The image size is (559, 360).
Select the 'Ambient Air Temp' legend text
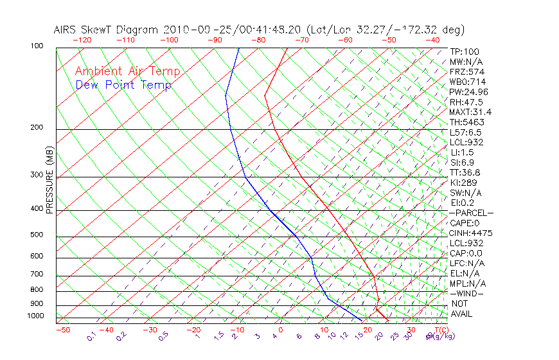[x=127, y=72]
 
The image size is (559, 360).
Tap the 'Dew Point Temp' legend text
[x=123, y=85]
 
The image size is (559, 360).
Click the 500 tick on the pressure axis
[x=37, y=235]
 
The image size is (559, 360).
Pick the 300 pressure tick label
[x=37, y=175]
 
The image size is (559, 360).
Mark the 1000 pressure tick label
[x=35, y=316]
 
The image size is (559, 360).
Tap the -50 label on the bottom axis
[x=62, y=330]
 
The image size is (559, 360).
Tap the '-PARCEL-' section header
[x=471, y=213]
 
